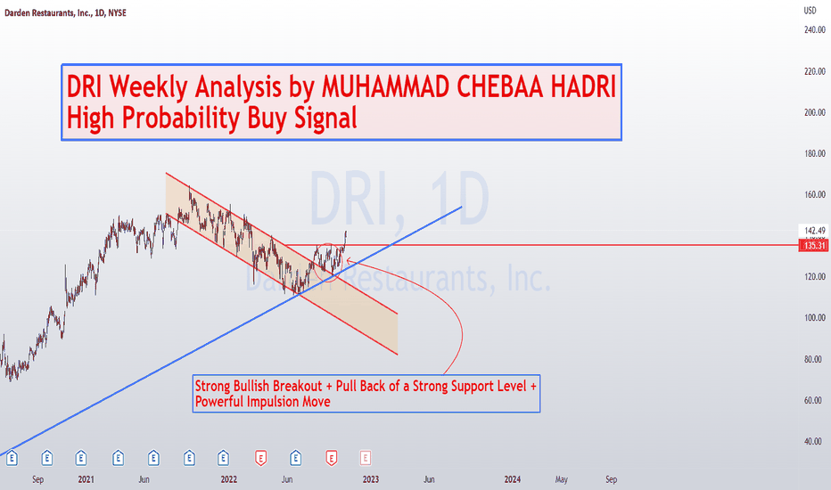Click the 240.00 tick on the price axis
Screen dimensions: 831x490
point(815,30)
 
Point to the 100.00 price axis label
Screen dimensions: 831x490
point(815,318)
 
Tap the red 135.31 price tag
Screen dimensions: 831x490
point(815,245)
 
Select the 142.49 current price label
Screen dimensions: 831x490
point(815,231)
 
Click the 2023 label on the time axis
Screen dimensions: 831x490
point(370,479)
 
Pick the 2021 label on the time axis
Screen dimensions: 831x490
point(86,479)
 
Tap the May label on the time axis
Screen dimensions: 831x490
point(561,479)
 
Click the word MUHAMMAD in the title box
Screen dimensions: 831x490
point(386,86)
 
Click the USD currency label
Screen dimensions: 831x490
point(810,11)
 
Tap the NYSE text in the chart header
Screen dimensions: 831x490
point(117,12)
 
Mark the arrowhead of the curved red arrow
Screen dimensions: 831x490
point(349,259)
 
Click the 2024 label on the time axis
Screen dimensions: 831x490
point(513,479)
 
